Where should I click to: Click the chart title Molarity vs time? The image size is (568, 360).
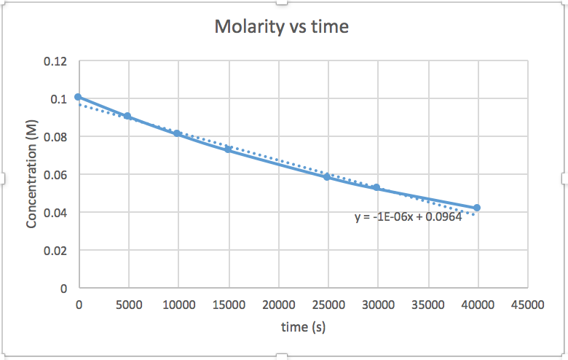coord(281,28)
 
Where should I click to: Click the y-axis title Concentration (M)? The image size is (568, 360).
coord(31,174)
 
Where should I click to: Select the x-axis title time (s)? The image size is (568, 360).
coord(303,327)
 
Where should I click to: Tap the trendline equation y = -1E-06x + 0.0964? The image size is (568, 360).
coord(408,217)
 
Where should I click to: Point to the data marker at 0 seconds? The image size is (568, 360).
coord(79,97)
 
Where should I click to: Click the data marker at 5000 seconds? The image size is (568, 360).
coord(127,116)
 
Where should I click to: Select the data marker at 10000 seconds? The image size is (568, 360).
coord(178,133)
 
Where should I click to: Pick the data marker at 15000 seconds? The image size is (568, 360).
coord(228,149)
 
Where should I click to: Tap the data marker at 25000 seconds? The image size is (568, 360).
coord(327,176)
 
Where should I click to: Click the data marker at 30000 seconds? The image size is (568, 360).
coord(376,187)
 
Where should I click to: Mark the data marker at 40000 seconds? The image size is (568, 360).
coord(477,208)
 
